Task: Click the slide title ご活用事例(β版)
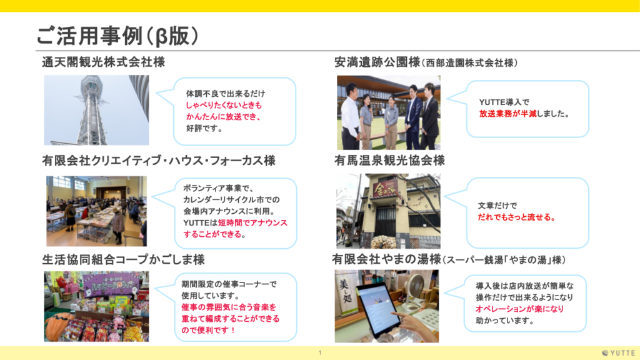(x=117, y=36)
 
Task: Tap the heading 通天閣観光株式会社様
(x=103, y=62)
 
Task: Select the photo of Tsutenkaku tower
(x=96, y=110)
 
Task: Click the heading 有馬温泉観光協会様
(x=389, y=161)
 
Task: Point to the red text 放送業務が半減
(x=507, y=114)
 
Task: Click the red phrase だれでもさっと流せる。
(x=517, y=217)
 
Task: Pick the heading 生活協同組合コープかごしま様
(x=123, y=259)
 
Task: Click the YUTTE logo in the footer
(x=619, y=353)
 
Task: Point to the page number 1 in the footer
(x=320, y=352)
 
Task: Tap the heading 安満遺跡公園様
(x=377, y=62)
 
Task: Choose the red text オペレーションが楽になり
(x=519, y=309)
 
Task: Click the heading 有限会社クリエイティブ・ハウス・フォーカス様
(x=159, y=161)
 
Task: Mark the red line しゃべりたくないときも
(x=224, y=105)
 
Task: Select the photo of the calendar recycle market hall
(x=96, y=211)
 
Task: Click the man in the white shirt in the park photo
(x=351, y=117)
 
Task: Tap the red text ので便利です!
(x=208, y=330)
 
